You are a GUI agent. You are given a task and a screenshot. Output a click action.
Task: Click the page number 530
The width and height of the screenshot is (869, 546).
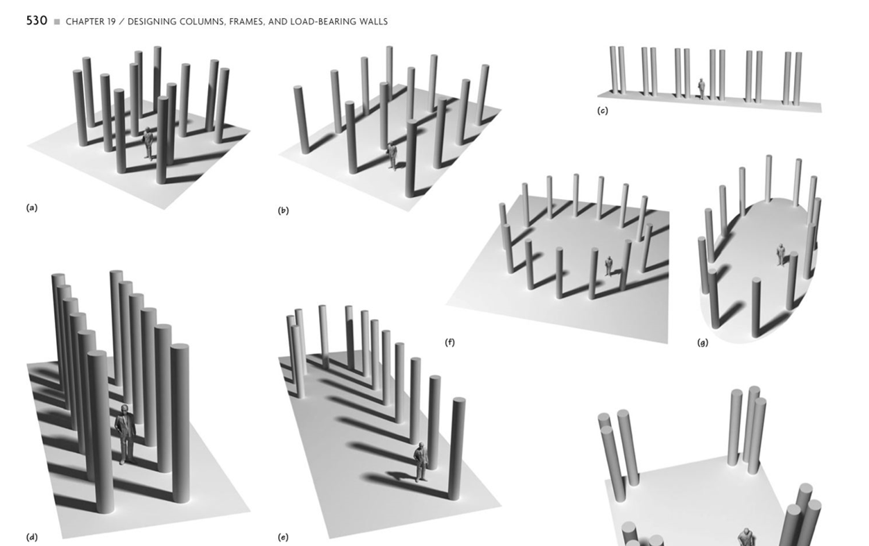coord(37,20)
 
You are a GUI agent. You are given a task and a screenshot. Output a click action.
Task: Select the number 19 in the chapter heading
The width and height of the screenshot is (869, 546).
coord(112,22)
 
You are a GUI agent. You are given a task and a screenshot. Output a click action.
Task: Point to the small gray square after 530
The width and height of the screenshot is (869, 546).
coord(57,22)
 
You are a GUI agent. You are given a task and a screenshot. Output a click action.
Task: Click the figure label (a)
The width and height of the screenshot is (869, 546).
coord(32,207)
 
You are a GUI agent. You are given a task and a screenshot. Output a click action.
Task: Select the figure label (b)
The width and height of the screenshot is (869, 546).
coord(283,210)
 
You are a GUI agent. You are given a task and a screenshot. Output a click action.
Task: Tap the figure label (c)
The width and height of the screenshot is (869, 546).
coord(603,111)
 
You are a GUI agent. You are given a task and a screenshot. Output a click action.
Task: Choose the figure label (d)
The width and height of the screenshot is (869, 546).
coord(32,537)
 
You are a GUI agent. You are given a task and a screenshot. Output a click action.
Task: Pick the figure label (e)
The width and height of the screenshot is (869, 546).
coord(283,537)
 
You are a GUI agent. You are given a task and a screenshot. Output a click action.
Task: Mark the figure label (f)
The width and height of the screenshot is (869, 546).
coord(449,342)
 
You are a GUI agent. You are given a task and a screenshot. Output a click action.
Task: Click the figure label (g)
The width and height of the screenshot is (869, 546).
coord(703,343)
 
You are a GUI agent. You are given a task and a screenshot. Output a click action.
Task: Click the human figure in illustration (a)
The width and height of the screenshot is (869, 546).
coord(148,143)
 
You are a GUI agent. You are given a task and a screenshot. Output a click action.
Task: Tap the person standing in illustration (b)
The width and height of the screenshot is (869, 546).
coord(393,156)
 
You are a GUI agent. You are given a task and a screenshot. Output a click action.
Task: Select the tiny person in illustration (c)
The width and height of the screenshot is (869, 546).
coord(701,89)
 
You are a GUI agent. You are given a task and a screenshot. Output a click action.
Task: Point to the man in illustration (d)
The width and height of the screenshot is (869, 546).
coord(126,434)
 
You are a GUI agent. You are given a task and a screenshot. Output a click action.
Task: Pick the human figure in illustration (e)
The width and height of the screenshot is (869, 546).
coord(420,462)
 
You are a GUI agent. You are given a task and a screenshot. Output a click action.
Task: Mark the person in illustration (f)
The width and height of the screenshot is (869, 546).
coord(608,266)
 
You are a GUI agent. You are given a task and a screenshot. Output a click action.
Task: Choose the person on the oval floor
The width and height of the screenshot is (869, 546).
coord(780,255)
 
